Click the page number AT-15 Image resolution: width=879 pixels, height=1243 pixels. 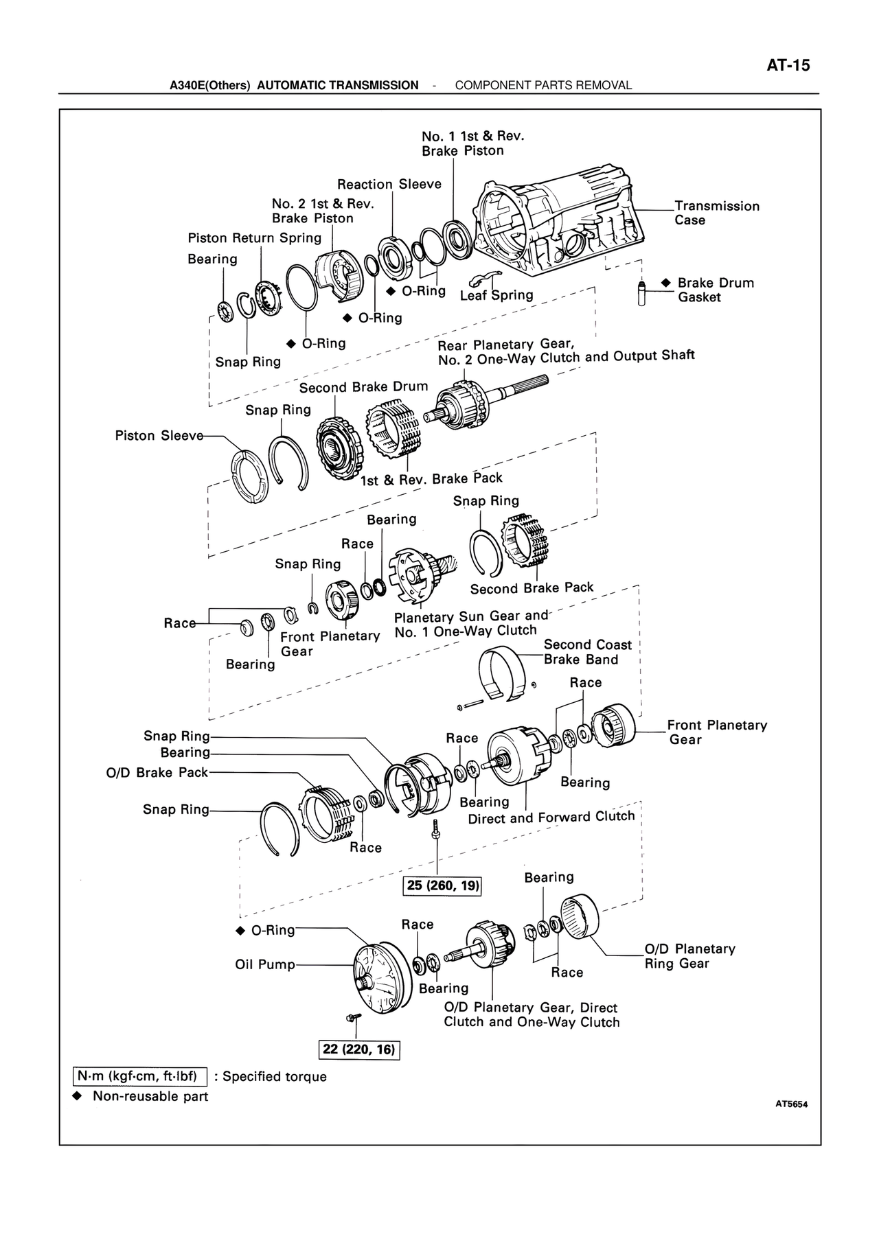[788, 66]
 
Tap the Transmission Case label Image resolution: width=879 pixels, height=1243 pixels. [716, 213]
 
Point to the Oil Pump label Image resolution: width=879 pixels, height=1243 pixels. [265, 964]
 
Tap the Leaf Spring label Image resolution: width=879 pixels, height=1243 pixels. [496, 295]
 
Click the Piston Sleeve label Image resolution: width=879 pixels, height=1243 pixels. [159, 436]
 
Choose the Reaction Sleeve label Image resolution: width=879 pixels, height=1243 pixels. [389, 184]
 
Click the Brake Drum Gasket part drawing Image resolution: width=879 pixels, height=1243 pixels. [642, 294]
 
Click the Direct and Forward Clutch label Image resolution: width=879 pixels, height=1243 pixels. [551, 817]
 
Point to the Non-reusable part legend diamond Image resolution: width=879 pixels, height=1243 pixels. [78, 1095]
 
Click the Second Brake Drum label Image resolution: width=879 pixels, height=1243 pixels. [363, 387]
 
